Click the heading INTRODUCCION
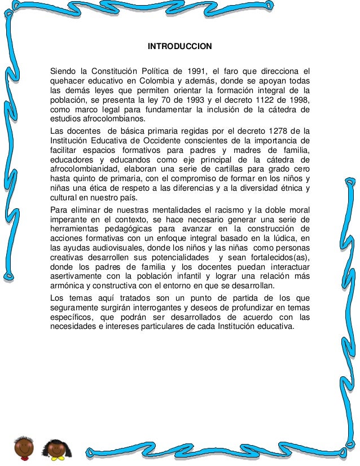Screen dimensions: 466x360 [x=179, y=46]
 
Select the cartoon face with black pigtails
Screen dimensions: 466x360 [x=56, y=449]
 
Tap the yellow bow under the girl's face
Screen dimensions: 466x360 [x=56, y=461]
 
